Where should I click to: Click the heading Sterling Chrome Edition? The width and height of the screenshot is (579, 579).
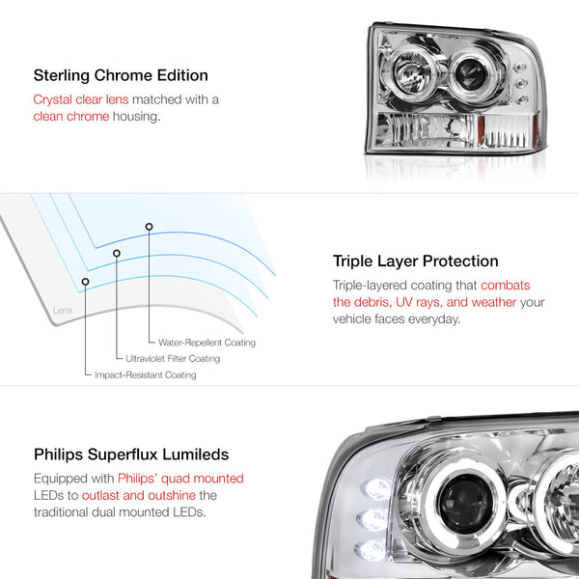(121, 75)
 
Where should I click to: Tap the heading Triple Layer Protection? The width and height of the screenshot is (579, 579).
(415, 262)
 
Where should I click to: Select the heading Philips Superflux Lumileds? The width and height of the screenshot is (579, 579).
(131, 455)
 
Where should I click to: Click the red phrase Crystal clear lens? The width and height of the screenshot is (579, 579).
(81, 99)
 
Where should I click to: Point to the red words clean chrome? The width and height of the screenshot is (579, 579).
(71, 117)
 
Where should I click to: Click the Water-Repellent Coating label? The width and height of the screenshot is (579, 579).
(207, 343)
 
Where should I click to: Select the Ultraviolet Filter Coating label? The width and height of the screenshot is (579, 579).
(173, 359)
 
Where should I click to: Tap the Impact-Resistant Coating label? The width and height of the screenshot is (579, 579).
(146, 375)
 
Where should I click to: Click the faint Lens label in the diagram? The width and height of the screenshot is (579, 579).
(63, 311)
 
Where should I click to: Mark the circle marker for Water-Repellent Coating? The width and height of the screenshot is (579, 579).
(149, 227)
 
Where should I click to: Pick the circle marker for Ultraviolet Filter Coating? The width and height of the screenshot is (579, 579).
(117, 253)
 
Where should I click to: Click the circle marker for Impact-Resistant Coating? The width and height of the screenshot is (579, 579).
(85, 282)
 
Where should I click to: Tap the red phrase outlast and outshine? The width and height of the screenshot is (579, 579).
(139, 496)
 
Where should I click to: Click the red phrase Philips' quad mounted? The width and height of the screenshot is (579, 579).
(181, 479)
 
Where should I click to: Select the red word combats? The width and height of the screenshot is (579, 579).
(505, 286)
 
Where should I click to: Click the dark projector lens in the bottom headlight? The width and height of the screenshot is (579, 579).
(464, 504)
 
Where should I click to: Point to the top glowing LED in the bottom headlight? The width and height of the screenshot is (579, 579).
(376, 489)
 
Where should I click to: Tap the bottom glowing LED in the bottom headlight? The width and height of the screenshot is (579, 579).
(372, 550)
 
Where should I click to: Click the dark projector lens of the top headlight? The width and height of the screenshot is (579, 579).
(472, 75)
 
